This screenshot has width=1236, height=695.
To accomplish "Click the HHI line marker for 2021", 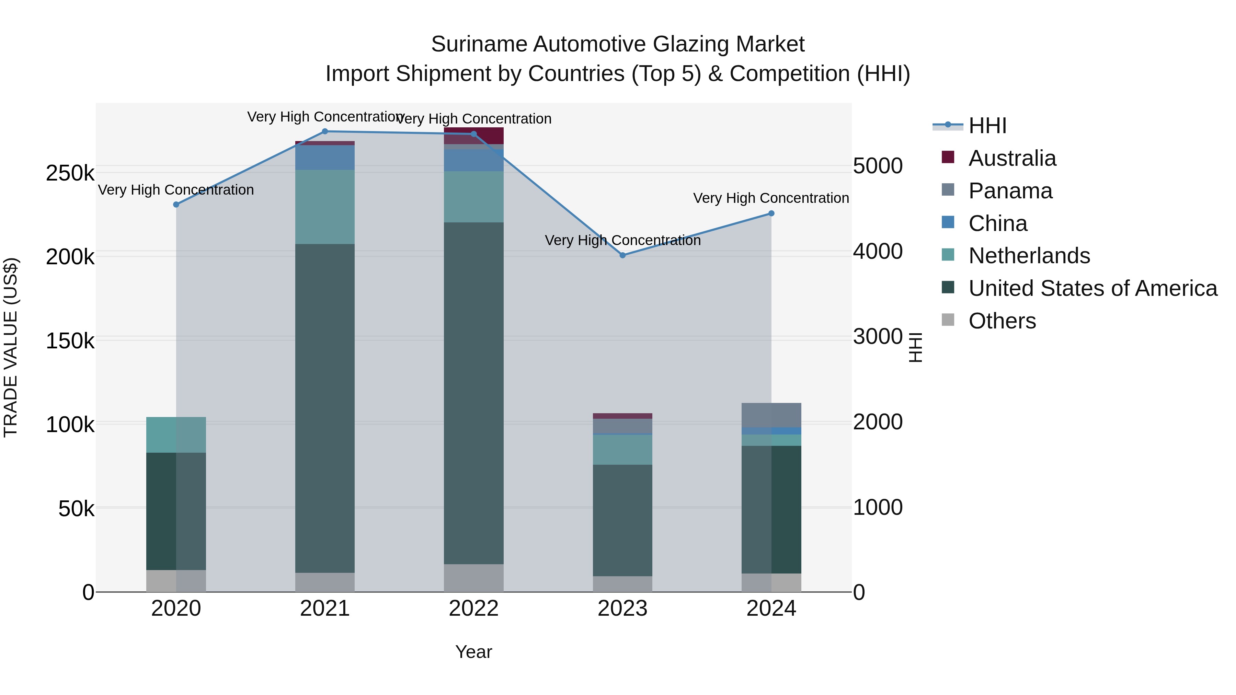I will [x=325, y=131].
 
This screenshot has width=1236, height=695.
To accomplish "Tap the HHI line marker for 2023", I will [x=623, y=255].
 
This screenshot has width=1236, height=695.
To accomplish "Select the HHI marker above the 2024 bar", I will [x=771, y=213].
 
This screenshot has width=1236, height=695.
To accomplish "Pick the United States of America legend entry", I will [x=1092, y=288].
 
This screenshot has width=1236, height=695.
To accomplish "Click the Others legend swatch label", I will [x=1002, y=321].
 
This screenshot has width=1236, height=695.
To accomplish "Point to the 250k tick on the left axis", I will [x=70, y=173].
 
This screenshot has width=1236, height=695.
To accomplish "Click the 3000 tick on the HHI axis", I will [x=878, y=337].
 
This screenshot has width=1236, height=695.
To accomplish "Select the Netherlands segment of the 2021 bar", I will [x=325, y=207].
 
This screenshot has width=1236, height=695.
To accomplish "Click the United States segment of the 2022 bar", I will [x=473, y=393].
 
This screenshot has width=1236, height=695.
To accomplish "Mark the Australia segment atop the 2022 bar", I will [x=473, y=135].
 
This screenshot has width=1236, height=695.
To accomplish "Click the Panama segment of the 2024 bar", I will [x=771, y=415].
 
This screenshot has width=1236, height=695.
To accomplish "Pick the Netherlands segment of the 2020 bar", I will [x=176, y=435].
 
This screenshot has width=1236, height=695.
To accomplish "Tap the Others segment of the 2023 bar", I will [x=623, y=584].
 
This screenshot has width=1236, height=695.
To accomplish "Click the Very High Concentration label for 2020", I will [x=176, y=190].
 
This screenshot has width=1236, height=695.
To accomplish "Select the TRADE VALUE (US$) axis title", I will [x=11, y=347].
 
